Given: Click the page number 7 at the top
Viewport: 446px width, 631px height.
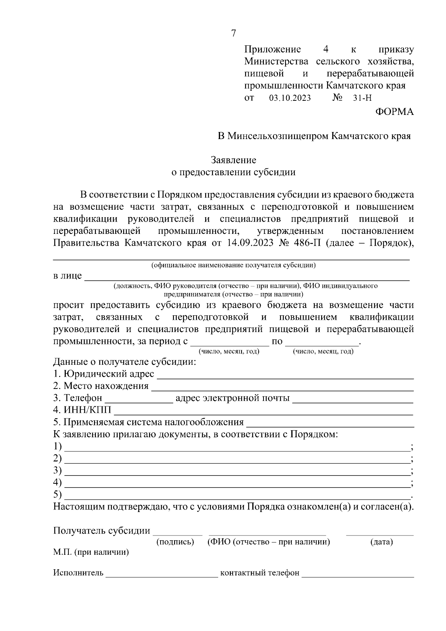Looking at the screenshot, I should [x=233, y=33].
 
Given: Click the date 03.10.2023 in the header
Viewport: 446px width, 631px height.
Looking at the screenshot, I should [x=290, y=98].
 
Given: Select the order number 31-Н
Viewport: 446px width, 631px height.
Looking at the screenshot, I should [x=362, y=98].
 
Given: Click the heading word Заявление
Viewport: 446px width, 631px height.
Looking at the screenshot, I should [x=233, y=160].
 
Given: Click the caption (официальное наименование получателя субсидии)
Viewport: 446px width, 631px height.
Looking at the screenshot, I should [x=233, y=265].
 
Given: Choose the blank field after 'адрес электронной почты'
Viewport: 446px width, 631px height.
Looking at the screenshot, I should [x=353, y=399].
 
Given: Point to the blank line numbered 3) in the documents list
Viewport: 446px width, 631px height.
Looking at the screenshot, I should [x=237, y=471].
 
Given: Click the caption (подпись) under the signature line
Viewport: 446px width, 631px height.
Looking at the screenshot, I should [x=175, y=542].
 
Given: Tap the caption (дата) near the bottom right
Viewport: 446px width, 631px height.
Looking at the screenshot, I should [x=382, y=542].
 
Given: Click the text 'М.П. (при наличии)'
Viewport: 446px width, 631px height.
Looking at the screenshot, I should [x=91, y=552].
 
